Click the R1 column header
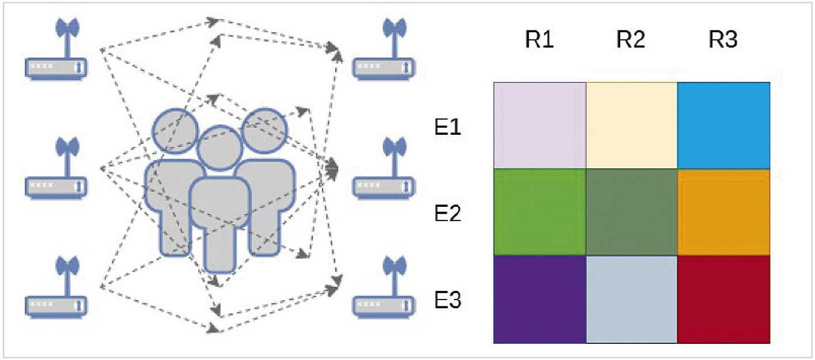(539, 40)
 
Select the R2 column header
(631, 40)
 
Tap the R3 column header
(724, 40)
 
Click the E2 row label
(448, 214)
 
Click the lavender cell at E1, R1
(540, 125)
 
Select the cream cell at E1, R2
(631, 125)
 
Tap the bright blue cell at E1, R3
(724, 125)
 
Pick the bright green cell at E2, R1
(540, 211)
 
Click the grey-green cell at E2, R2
(631, 211)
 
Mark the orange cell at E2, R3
(724, 211)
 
